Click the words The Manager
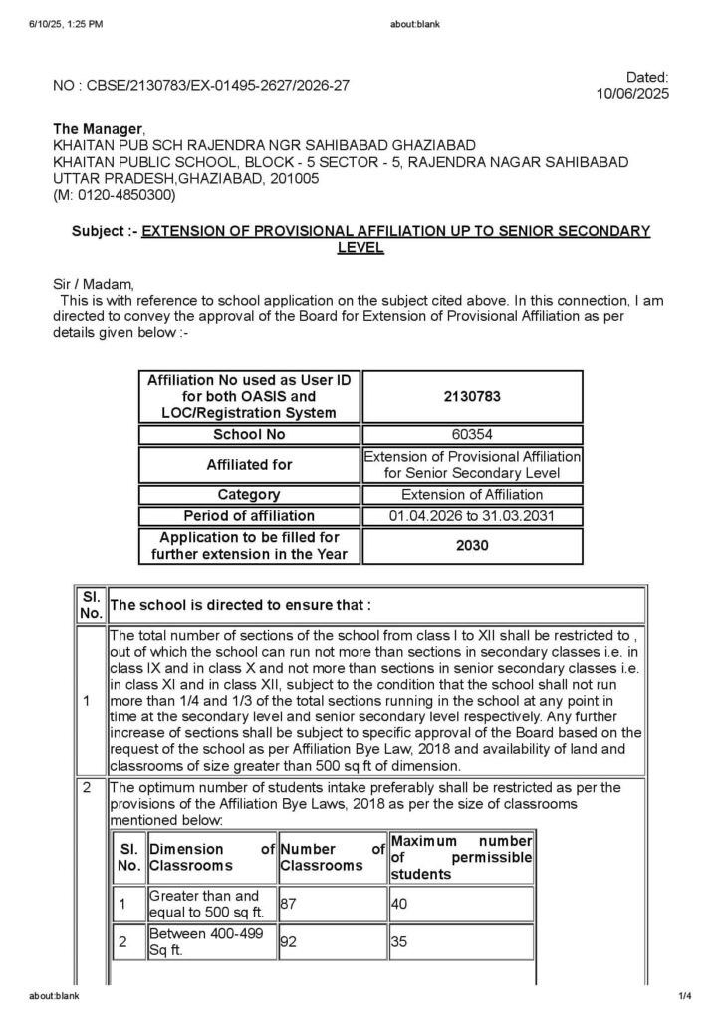tap(98, 129)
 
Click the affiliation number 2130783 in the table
tap(472, 396)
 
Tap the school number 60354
tap(472, 435)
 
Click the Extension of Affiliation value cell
tap(472, 494)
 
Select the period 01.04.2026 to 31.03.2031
tap(472, 516)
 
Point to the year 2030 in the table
tap(472, 545)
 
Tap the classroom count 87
tap(289, 904)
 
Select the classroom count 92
tap(289, 942)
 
